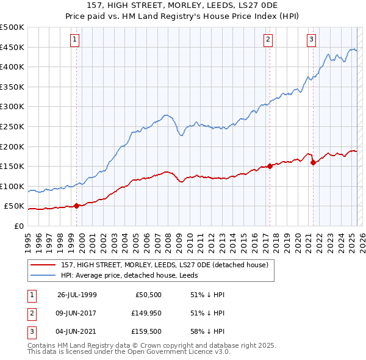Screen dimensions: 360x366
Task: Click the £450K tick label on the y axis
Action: [12, 47]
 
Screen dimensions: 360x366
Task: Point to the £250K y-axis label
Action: [12, 126]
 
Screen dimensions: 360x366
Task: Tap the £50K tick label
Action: [14, 206]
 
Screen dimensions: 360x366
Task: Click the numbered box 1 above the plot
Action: [74, 40]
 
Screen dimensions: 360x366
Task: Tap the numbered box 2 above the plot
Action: [268, 40]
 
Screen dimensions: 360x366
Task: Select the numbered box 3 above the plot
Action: [311, 40]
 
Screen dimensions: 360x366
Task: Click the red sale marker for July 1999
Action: [76, 206]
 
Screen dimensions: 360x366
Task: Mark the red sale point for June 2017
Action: [270, 166]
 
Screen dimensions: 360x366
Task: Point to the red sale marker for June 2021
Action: [313, 162]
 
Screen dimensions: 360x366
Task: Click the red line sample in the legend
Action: [44, 264]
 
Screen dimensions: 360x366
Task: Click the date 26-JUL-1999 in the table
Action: [77, 294]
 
